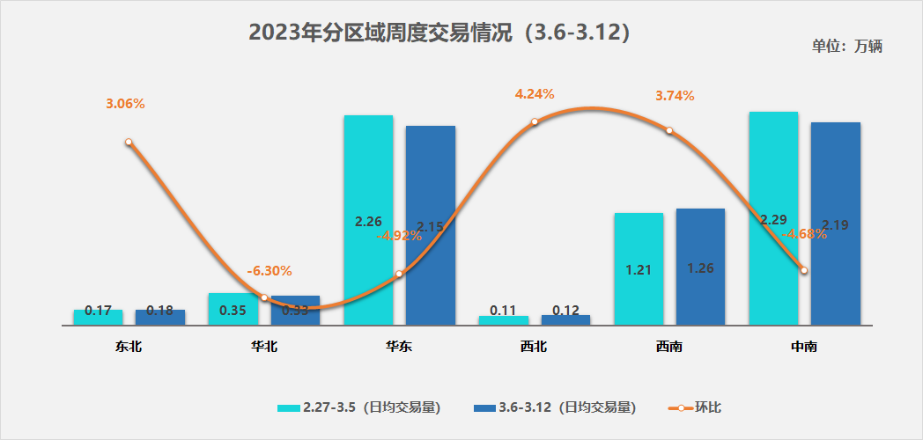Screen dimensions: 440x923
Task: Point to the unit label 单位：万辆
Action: pyautogui.click(x=846, y=47)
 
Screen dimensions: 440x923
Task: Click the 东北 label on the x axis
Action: pyautogui.click(x=129, y=347)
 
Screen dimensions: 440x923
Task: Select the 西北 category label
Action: pyautogui.click(x=534, y=347)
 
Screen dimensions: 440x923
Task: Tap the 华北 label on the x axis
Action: pyautogui.click(x=264, y=347)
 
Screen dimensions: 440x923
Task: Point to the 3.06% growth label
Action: pyautogui.click(x=125, y=104)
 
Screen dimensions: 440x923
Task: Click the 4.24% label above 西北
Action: pyautogui.click(x=535, y=94)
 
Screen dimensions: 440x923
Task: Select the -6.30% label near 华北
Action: pyautogui.click(x=270, y=270)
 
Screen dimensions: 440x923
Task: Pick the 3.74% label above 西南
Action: pyautogui.click(x=675, y=96)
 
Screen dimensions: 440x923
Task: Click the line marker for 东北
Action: pyautogui.click(x=129, y=142)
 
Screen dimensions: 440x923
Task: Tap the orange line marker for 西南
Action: pyautogui.click(x=669, y=130)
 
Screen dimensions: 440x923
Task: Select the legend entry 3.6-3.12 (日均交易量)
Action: pyautogui.click(x=555, y=407)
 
